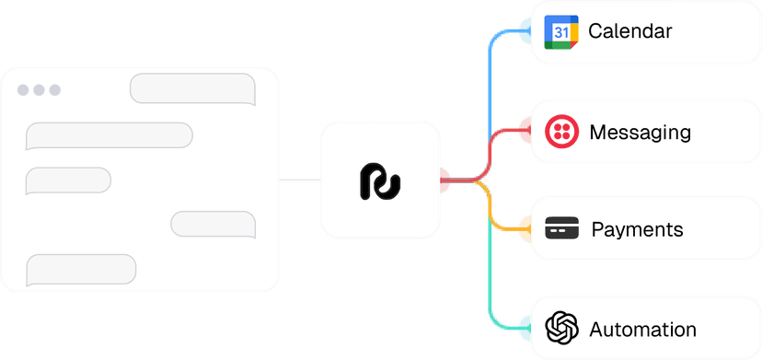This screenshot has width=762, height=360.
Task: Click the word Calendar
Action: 629,31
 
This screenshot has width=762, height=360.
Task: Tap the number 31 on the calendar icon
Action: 560,32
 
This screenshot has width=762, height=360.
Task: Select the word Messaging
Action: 640,132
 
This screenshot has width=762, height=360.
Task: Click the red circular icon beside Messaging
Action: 560,132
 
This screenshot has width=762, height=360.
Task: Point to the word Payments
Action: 637,228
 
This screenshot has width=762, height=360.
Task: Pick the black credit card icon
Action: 560,228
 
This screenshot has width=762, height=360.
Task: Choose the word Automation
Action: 642,329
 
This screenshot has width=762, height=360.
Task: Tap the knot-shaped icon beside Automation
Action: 560,328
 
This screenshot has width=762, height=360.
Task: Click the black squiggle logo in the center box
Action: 379,181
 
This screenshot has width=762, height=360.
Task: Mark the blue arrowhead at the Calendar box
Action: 523,32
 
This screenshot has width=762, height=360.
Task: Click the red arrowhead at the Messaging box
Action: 523,132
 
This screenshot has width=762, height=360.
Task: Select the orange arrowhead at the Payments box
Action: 523,227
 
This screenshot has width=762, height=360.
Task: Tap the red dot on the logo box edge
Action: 444,180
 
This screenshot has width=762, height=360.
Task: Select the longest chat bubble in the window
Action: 109,135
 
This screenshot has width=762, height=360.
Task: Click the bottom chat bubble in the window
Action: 81,269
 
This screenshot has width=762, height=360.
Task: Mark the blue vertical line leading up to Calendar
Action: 489,92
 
